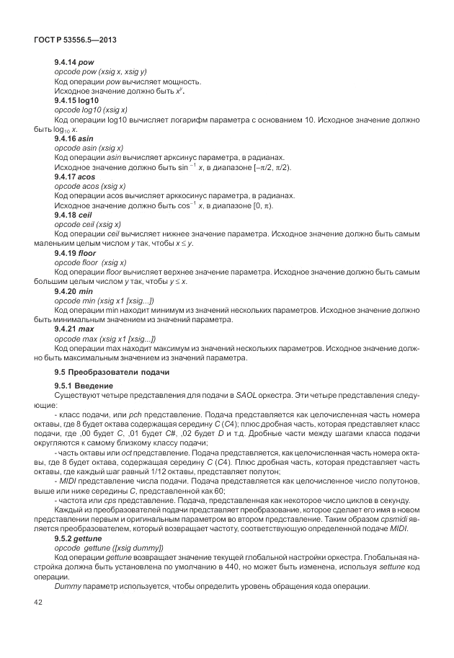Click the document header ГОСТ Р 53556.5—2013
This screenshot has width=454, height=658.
tap(75, 41)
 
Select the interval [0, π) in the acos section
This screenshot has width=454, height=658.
tap(260, 205)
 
